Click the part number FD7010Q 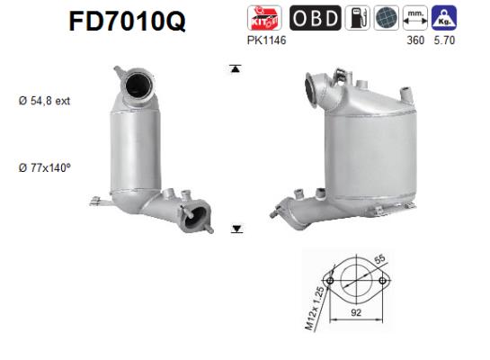128,21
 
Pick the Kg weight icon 442,18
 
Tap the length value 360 414,40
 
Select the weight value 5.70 443,40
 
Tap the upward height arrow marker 236,68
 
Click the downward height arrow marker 236,229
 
